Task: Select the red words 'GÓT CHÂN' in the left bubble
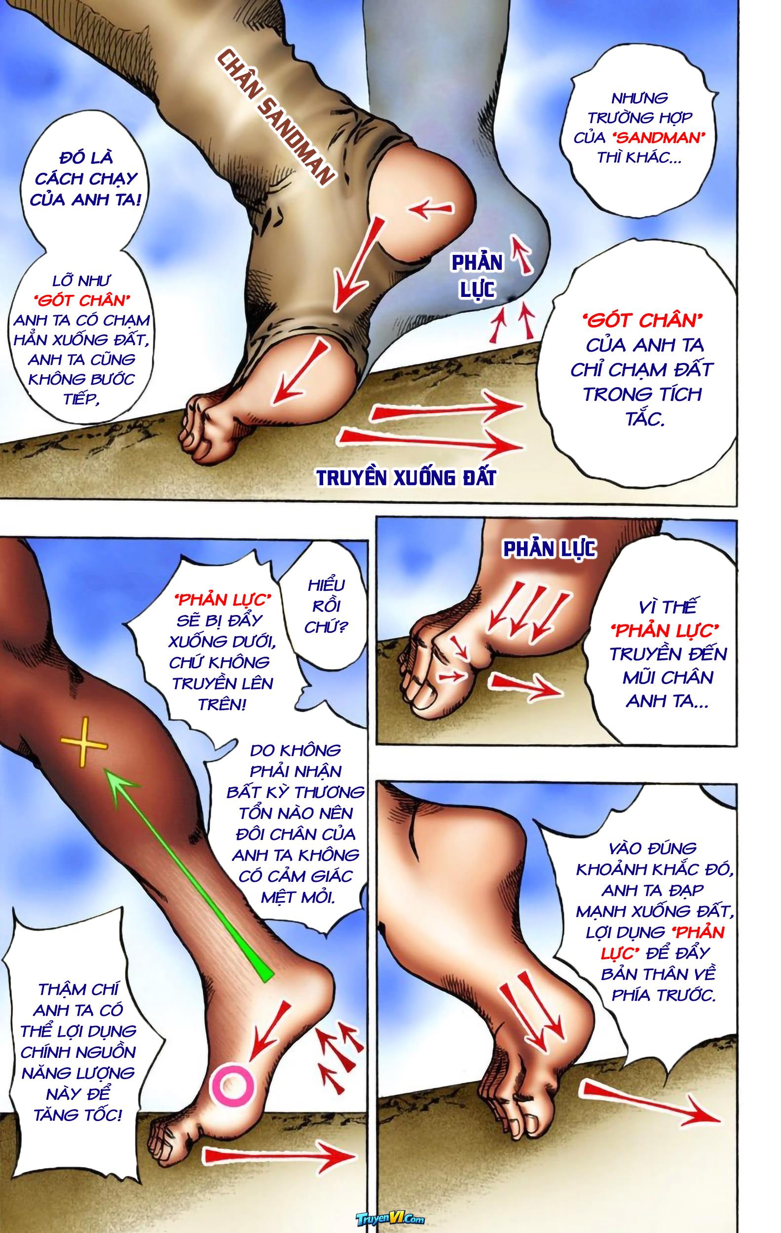point(79,300)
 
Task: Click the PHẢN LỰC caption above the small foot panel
point(549,549)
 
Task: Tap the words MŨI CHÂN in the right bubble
point(668,679)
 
